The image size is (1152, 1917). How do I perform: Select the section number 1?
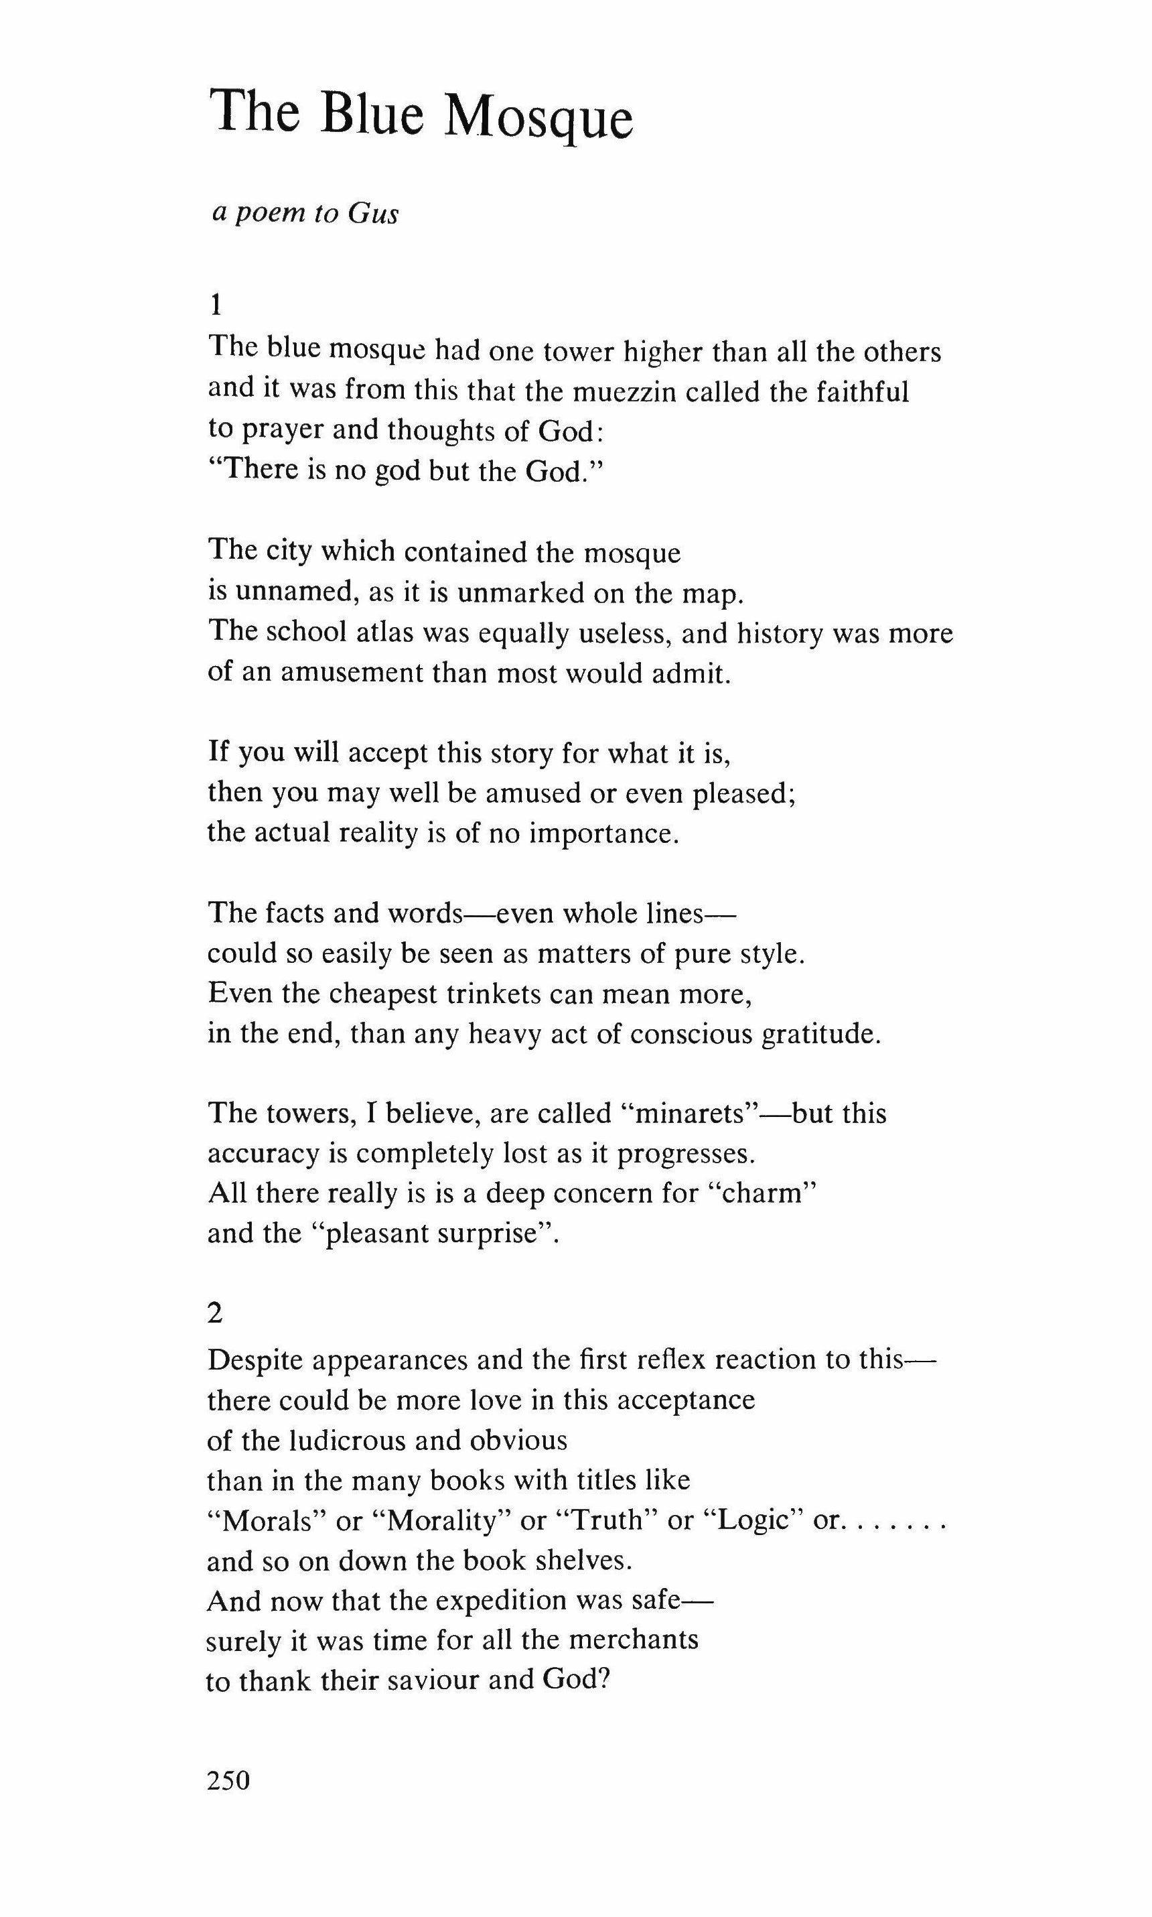click(x=216, y=307)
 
